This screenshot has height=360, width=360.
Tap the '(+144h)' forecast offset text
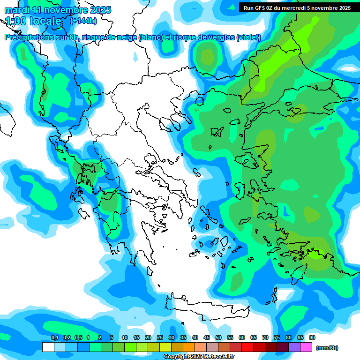pos(83,21)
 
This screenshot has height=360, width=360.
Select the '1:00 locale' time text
pos(33,21)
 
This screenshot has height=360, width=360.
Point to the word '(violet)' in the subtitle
pos(248,37)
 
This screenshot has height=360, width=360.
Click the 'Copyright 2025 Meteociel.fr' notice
pos(200,357)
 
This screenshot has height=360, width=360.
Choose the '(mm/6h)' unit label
pos(327,348)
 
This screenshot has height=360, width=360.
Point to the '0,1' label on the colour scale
pos(54,337)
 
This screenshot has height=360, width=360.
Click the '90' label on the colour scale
pos(312,337)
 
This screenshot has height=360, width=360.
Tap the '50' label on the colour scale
pos(218,337)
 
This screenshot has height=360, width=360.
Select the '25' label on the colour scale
pos(160,337)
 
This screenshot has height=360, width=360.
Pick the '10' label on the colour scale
pos(125,337)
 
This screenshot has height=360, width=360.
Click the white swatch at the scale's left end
pos(48,347)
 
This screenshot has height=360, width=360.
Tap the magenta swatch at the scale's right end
pos(306,347)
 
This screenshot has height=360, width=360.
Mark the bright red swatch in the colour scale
pos(247,347)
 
